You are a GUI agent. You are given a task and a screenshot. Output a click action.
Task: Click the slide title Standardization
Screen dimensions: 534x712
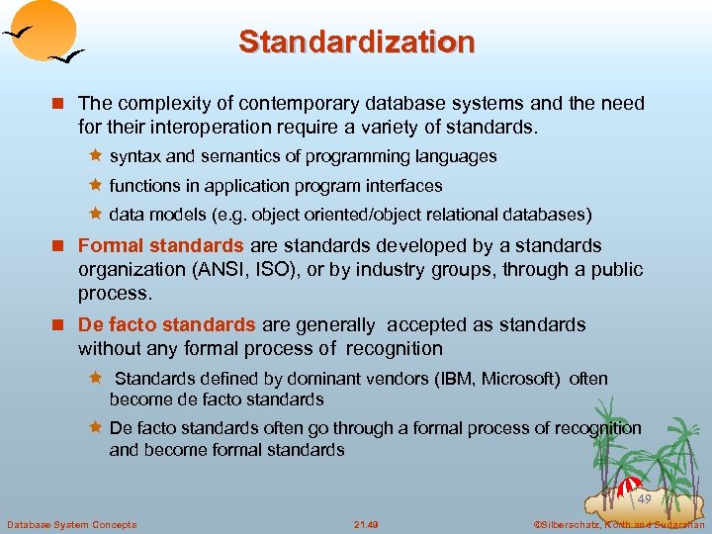(x=356, y=42)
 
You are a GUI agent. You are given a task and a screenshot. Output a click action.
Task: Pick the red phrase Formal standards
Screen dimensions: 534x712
(x=160, y=245)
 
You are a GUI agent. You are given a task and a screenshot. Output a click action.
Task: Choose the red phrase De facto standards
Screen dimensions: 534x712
(x=166, y=324)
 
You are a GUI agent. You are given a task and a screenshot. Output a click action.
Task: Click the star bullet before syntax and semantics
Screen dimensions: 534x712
(x=97, y=156)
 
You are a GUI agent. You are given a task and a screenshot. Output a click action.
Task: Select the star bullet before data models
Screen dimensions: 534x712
(x=97, y=214)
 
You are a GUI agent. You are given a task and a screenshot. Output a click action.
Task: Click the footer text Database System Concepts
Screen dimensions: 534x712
(x=72, y=524)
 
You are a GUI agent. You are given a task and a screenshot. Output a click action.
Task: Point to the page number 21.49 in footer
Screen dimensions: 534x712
(x=366, y=524)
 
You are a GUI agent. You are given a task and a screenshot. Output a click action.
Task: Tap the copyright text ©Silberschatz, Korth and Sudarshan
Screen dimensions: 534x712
(x=618, y=524)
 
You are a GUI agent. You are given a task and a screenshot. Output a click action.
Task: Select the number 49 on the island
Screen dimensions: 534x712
(x=644, y=499)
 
